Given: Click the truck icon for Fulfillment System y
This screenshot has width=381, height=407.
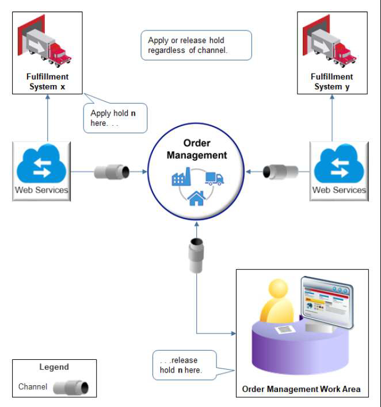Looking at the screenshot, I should tap(332, 44).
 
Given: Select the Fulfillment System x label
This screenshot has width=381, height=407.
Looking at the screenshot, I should tap(47, 82).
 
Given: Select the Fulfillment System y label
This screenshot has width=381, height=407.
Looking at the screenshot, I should tap(332, 82).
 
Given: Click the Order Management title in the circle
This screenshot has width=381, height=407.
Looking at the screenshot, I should tap(197, 149).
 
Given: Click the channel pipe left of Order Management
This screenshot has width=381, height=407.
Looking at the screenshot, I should tap(113, 171).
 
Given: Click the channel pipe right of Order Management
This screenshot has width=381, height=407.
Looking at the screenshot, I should tap(280, 171).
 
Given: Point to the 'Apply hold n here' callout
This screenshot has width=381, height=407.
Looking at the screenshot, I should tap(115, 118).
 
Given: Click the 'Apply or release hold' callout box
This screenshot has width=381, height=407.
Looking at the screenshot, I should tap(196, 45).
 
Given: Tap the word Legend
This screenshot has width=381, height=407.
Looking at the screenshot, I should tap(54, 367).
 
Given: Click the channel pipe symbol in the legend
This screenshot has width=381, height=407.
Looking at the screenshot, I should tap(71, 387).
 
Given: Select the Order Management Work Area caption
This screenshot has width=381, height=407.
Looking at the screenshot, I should tap(302, 389).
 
